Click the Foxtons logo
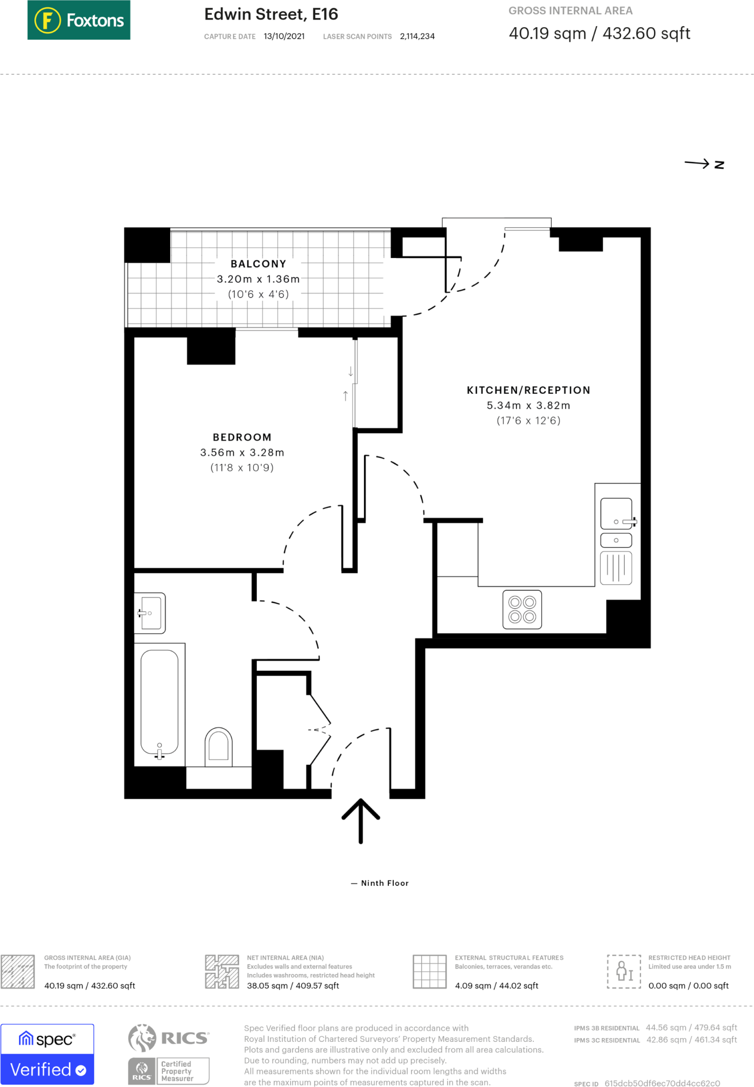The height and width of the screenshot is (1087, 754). (x=79, y=20)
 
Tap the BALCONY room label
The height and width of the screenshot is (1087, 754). (x=258, y=264)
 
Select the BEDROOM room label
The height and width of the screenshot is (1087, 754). (x=242, y=437)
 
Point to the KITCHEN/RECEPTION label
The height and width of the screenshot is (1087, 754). (x=528, y=390)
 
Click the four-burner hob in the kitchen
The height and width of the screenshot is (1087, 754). (x=522, y=609)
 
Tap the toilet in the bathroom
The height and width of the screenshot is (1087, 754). (x=219, y=746)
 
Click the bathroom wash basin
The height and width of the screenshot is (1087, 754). (x=150, y=613)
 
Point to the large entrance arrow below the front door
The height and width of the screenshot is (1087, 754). (x=361, y=820)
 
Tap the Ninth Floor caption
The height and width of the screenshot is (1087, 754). (x=380, y=883)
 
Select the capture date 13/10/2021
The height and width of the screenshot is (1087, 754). (x=284, y=37)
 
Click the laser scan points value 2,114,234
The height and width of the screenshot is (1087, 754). (x=417, y=37)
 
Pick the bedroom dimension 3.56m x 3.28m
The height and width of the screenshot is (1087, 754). (x=242, y=453)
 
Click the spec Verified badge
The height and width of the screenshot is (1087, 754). (x=47, y=1054)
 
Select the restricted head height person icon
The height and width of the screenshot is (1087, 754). (x=624, y=971)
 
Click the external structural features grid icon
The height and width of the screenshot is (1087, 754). (x=429, y=971)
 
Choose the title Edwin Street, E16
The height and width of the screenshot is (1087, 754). (x=271, y=14)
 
